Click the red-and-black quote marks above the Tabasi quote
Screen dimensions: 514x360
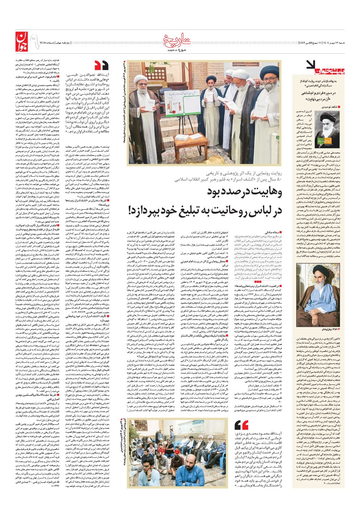102,65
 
